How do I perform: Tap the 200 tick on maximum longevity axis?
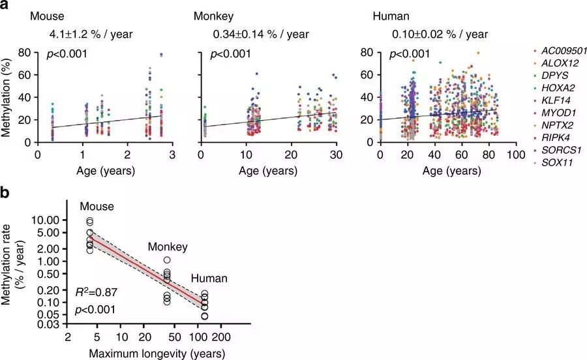click(x=220, y=340)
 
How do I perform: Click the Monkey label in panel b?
click(x=168, y=247)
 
